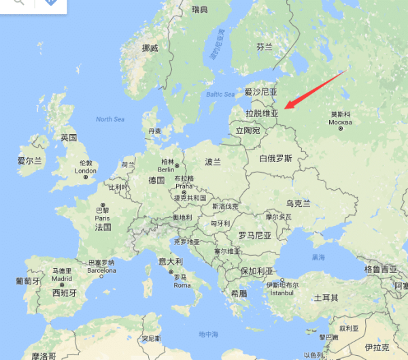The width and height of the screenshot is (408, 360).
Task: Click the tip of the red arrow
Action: (x=286, y=108)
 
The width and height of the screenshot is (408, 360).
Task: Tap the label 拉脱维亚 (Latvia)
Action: (x=262, y=113)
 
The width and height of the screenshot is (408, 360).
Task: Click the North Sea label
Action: (x=110, y=119)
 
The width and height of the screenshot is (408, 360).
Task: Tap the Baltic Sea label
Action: (x=219, y=94)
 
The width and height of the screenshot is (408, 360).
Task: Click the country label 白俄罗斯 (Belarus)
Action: (x=275, y=159)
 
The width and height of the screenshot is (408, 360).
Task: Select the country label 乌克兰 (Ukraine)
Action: (x=298, y=203)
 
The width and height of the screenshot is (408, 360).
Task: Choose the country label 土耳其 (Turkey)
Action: (x=326, y=298)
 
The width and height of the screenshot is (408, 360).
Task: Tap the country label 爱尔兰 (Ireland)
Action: (x=29, y=161)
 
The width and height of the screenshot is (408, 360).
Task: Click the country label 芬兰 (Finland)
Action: (x=264, y=47)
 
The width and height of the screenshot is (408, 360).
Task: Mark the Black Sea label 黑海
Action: (x=318, y=258)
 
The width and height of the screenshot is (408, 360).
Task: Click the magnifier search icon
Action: (x=19, y=3)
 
